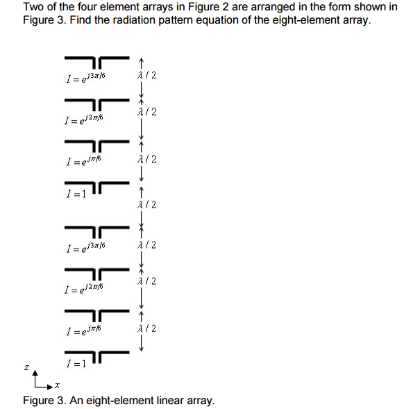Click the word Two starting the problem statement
point(33,7)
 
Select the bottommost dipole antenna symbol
point(96,358)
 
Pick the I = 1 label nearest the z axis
point(74,363)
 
